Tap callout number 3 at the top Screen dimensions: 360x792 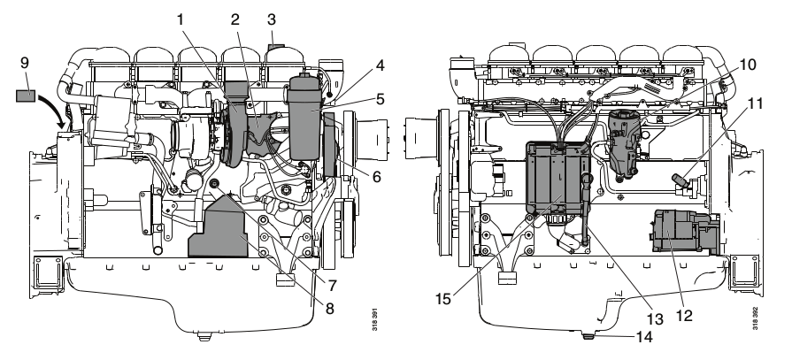click(x=275, y=17)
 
